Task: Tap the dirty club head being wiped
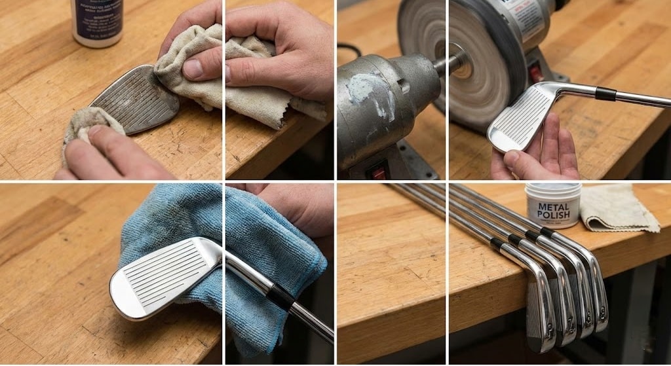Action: click(134, 98)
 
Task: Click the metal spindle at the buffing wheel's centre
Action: click(453, 63)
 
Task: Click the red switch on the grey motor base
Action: click(379, 173)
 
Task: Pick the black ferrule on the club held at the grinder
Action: click(605, 94)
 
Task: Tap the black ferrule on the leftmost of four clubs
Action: click(498, 244)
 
